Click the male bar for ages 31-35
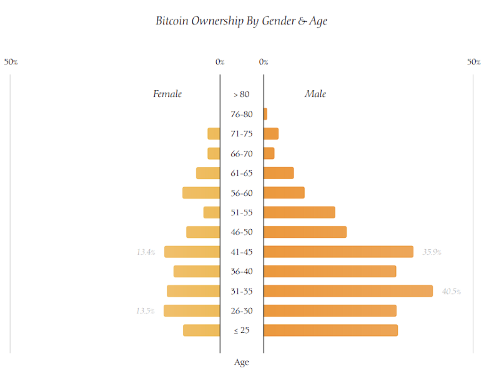[348, 291]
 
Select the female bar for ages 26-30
[192, 311]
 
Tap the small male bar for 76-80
[265, 114]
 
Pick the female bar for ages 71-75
[214, 133]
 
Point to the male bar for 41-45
[338, 252]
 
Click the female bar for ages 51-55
[212, 212]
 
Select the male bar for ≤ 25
[331, 330]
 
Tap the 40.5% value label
[451, 292]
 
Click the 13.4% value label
[146, 252]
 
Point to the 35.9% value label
[432, 252]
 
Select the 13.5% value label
[146, 311]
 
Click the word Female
[167, 94]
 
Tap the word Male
[315, 94]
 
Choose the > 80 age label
[241, 95]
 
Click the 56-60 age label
[242, 193]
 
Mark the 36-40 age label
[242, 272]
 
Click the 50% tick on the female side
[11, 62]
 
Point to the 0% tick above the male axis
[263, 62]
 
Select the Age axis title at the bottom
[242, 362]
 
